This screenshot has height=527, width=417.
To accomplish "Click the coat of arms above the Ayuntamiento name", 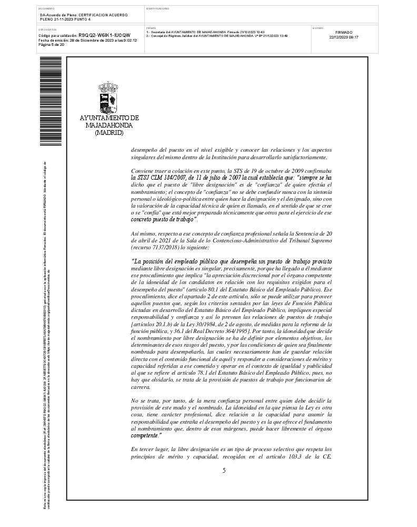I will pyautogui.click(x=108, y=96).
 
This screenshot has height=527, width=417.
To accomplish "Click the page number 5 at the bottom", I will pyautogui.click(x=224, y=470).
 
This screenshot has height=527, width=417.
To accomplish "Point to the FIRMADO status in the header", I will pyautogui.click(x=344, y=32).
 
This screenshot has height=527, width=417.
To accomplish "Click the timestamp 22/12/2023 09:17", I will pyautogui.click(x=344, y=37).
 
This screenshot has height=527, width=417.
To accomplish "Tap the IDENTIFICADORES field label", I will pyautogui.click(x=158, y=9).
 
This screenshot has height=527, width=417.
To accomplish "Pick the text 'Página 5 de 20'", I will pyautogui.click(x=52, y=45).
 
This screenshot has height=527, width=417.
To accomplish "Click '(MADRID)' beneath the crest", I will pyautogui.click(x=109, y=133).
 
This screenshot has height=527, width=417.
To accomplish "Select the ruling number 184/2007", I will pyautogui.click(x=176, y=179).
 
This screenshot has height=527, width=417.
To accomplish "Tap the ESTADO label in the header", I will pyautogui.click(x=318, y=28).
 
